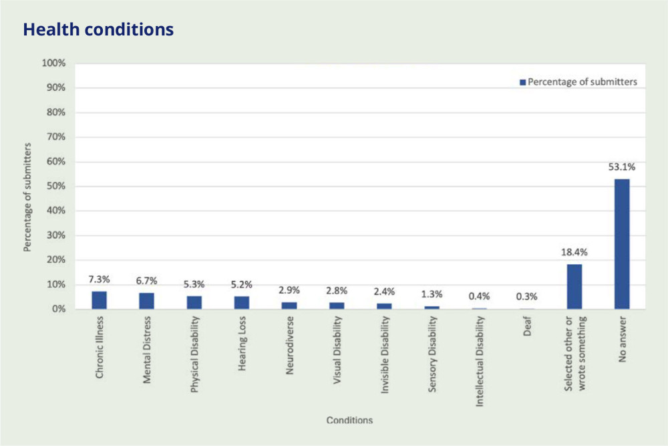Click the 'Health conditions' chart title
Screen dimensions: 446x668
coord(98,30)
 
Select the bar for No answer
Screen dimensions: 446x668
coord(622,244)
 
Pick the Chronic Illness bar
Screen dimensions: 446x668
coord(100,300)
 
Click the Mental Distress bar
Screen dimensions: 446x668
coord(146,301)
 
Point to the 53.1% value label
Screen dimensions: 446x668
coord(622,167)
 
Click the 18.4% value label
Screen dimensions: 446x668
coord(574,253)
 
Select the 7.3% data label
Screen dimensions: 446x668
coord(100,280)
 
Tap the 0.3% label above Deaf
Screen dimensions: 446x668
coord(527,297)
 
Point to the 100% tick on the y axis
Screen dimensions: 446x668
coord(54,64)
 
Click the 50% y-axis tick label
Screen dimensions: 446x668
coord(55,187)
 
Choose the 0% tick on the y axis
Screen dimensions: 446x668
coord(58,310)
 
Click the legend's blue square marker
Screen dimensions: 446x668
coord(523,82)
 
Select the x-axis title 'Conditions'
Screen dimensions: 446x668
coord(349,421)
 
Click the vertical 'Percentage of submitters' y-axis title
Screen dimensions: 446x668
coord(28,187)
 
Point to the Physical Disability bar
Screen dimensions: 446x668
coord(194,303)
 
